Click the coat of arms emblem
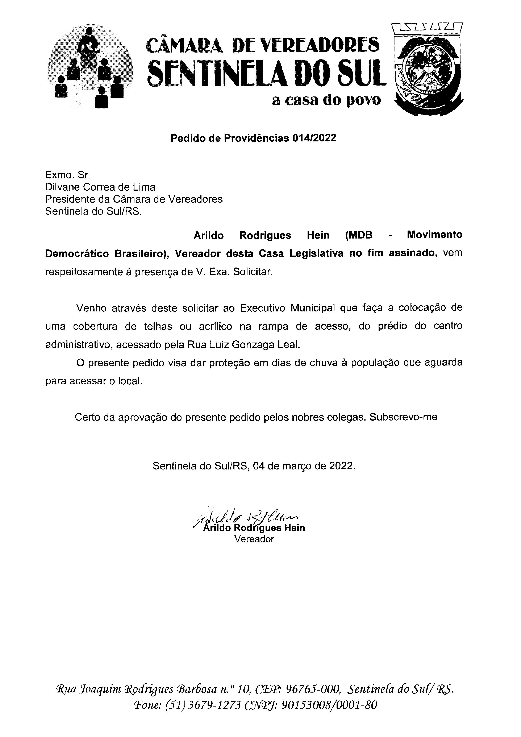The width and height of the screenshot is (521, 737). tap(429, 69)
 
